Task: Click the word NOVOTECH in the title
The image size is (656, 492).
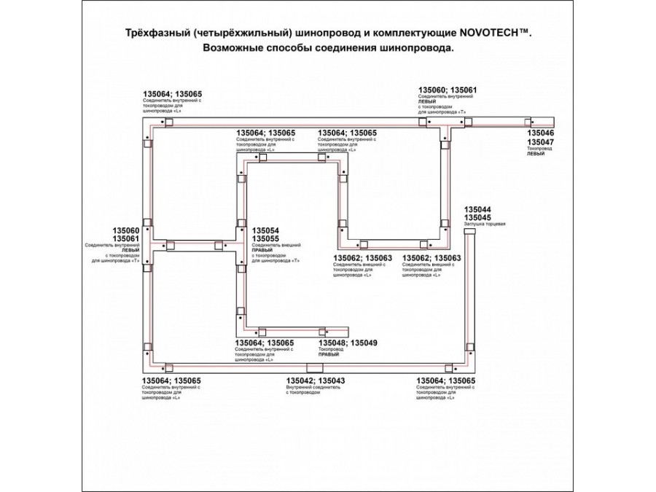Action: tap(491, 34)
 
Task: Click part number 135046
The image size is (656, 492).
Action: tap(541, 134)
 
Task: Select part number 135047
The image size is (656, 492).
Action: tap(541, 143)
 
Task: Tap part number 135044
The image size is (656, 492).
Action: tap(477, 209)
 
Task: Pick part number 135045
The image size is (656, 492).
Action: tap(477, 218)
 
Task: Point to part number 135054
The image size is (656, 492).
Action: tap(266, 230)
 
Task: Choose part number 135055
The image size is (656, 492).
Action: tap(266, 239)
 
